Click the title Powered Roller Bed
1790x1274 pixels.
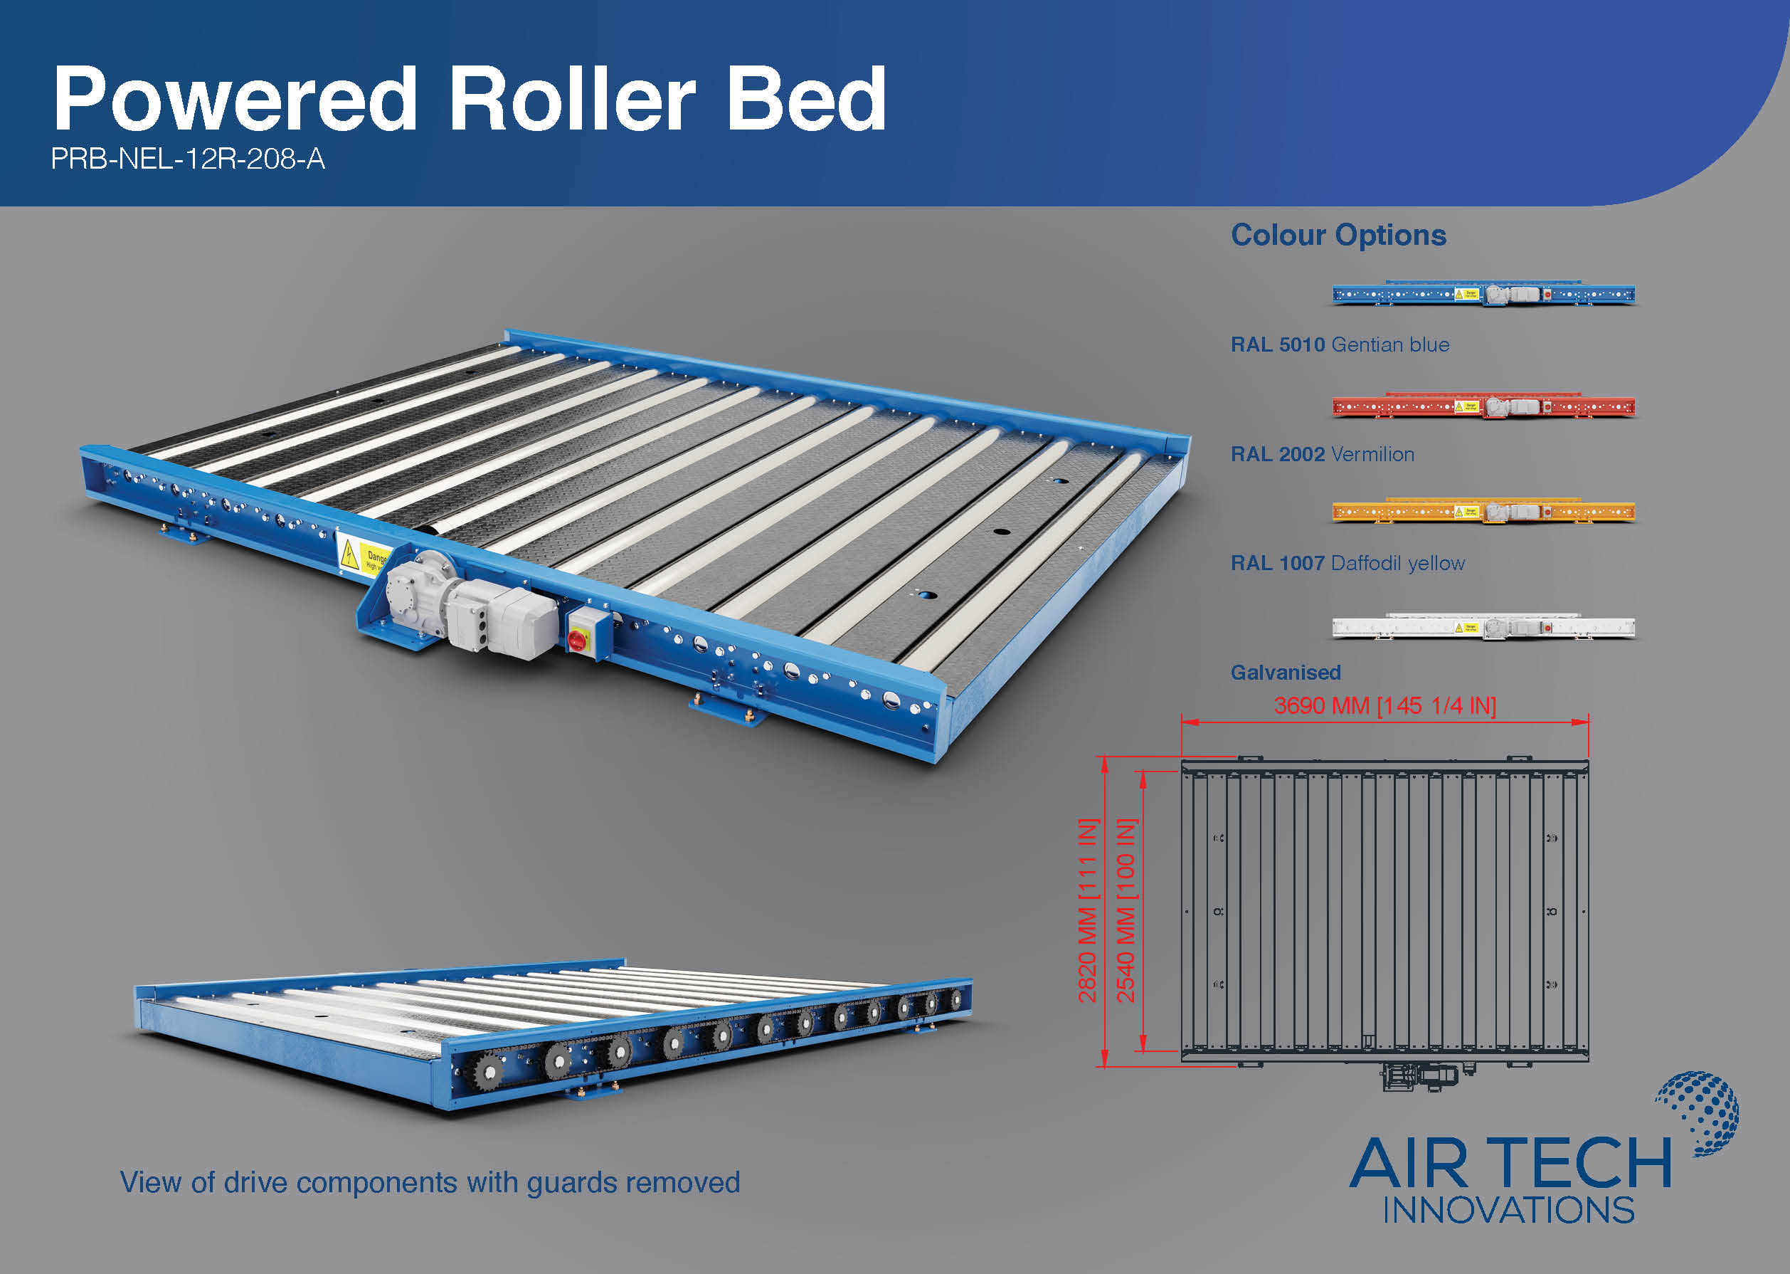tap(470, 99)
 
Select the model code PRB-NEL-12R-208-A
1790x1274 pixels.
tap(187, 159)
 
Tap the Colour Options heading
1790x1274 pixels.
tap(1338, 236)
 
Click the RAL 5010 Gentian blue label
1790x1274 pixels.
tap(1340, 344)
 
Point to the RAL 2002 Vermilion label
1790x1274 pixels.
tap(1322, 454)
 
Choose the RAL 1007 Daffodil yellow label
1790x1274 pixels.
tap(1347, 563)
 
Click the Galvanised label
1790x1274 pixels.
tap(1285, 673)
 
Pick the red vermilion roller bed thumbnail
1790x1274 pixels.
tap(1483, 405)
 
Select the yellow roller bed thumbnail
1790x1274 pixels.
tap(1483, 511)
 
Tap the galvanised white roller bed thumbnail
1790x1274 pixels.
tap(1483, 626)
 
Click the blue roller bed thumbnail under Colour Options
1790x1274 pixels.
tap(1483, 293)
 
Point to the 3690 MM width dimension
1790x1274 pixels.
tap(1384, 705)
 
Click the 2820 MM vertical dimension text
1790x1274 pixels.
tap(1088, 911)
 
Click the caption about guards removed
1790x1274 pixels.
tap(430, 1182)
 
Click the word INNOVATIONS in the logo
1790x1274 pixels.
tap(1508, 1210)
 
